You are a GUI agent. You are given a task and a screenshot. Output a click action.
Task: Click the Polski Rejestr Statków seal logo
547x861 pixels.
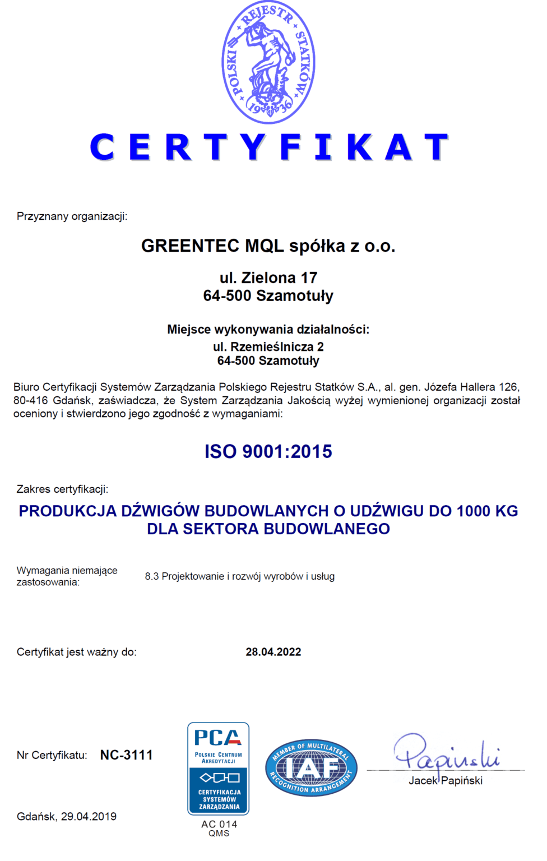pyautogui.click(x=268, y=62)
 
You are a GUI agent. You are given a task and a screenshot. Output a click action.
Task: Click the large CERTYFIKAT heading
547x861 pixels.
pyautogui.click(x=269, y=147)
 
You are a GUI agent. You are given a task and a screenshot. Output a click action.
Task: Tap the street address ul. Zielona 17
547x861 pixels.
pyautogui.click(x=268, y=278)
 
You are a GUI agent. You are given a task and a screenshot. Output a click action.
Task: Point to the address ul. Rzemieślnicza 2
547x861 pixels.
pyautogui.click(x=268, y=347)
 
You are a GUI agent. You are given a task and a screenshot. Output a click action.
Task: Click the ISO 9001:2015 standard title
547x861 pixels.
pyautogui.click(x=268, y=452)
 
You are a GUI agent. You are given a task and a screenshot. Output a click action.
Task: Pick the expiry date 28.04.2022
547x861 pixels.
pyautogui.click(x=273, y=652)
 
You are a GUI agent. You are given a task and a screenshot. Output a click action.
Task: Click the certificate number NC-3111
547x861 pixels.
pyautogui.click(x=126, y=755)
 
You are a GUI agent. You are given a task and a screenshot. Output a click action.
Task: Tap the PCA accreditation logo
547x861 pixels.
pyautogui.click(x=219, y=768)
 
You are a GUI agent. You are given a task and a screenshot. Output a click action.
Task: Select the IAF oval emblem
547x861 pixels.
pyautogui.click(x=311, y=768)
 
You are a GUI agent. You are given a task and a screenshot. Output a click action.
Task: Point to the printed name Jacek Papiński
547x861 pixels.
pyautogui.click(x=446, y=781)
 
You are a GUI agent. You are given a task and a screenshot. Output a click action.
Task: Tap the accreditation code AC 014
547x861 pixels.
pyautogui.click(x=219, y=824)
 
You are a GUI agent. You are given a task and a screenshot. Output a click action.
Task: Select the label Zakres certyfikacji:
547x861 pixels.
pyautogui.click(x=62, y=489)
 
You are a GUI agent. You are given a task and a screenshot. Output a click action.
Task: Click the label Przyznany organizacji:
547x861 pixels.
pyautogui.click(x=72, y=216)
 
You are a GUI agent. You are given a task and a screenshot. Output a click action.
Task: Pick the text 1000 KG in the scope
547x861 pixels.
pyautogui.click(x=487, y=511)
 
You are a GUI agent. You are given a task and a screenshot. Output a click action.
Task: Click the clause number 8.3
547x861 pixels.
pyautogui.click(x=152, y=576)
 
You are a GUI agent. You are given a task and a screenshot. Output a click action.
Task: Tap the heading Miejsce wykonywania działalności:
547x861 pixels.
pyautogui.click(x=268, y=330)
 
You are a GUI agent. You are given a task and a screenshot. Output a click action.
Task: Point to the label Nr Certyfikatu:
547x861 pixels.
pyautogui.click(x=52, y=756)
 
